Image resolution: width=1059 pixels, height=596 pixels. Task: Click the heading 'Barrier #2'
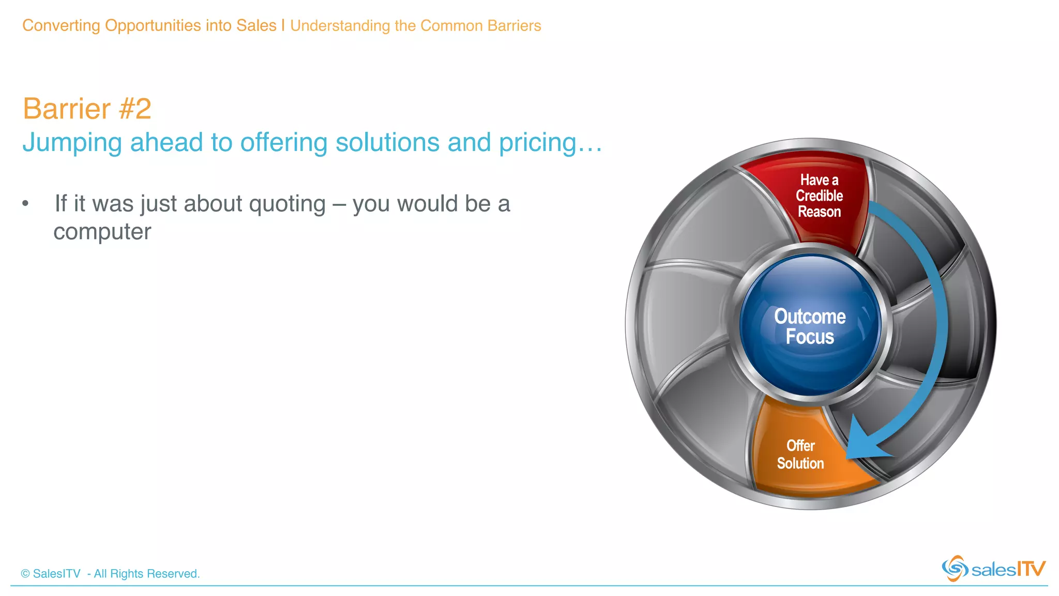pyautogui.click(x=87, y=109)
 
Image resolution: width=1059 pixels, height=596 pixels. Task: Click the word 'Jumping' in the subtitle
pyautogui.click(x=72, y=143)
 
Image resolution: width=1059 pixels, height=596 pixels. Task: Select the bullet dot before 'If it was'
pyautogui.click(x=25, y=204)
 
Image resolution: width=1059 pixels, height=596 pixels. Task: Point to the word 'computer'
pyautogui.click(x=102, y=232)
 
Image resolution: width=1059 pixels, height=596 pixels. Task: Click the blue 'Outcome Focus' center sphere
pyautogui.click(x=810, y=326)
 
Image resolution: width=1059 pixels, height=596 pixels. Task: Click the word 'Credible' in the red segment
pyautogui.click(x=819, y=196)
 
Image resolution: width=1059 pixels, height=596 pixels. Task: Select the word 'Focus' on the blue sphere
pyautogui.click(x=810, y=337)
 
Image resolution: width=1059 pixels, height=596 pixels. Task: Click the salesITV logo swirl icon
pyautogui.click(x=955, y=569)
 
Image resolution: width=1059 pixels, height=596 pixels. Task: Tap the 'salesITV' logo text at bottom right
pyautogui.click(x=1008, y=570)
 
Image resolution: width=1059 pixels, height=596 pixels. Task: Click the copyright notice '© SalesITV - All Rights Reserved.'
pyautogui.click(x=110, y=574)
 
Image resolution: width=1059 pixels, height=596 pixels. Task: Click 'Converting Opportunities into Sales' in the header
pyautogui.click(x=149, y=25)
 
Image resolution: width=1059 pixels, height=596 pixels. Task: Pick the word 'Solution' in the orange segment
pyautogui.click(x=800, y=463)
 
